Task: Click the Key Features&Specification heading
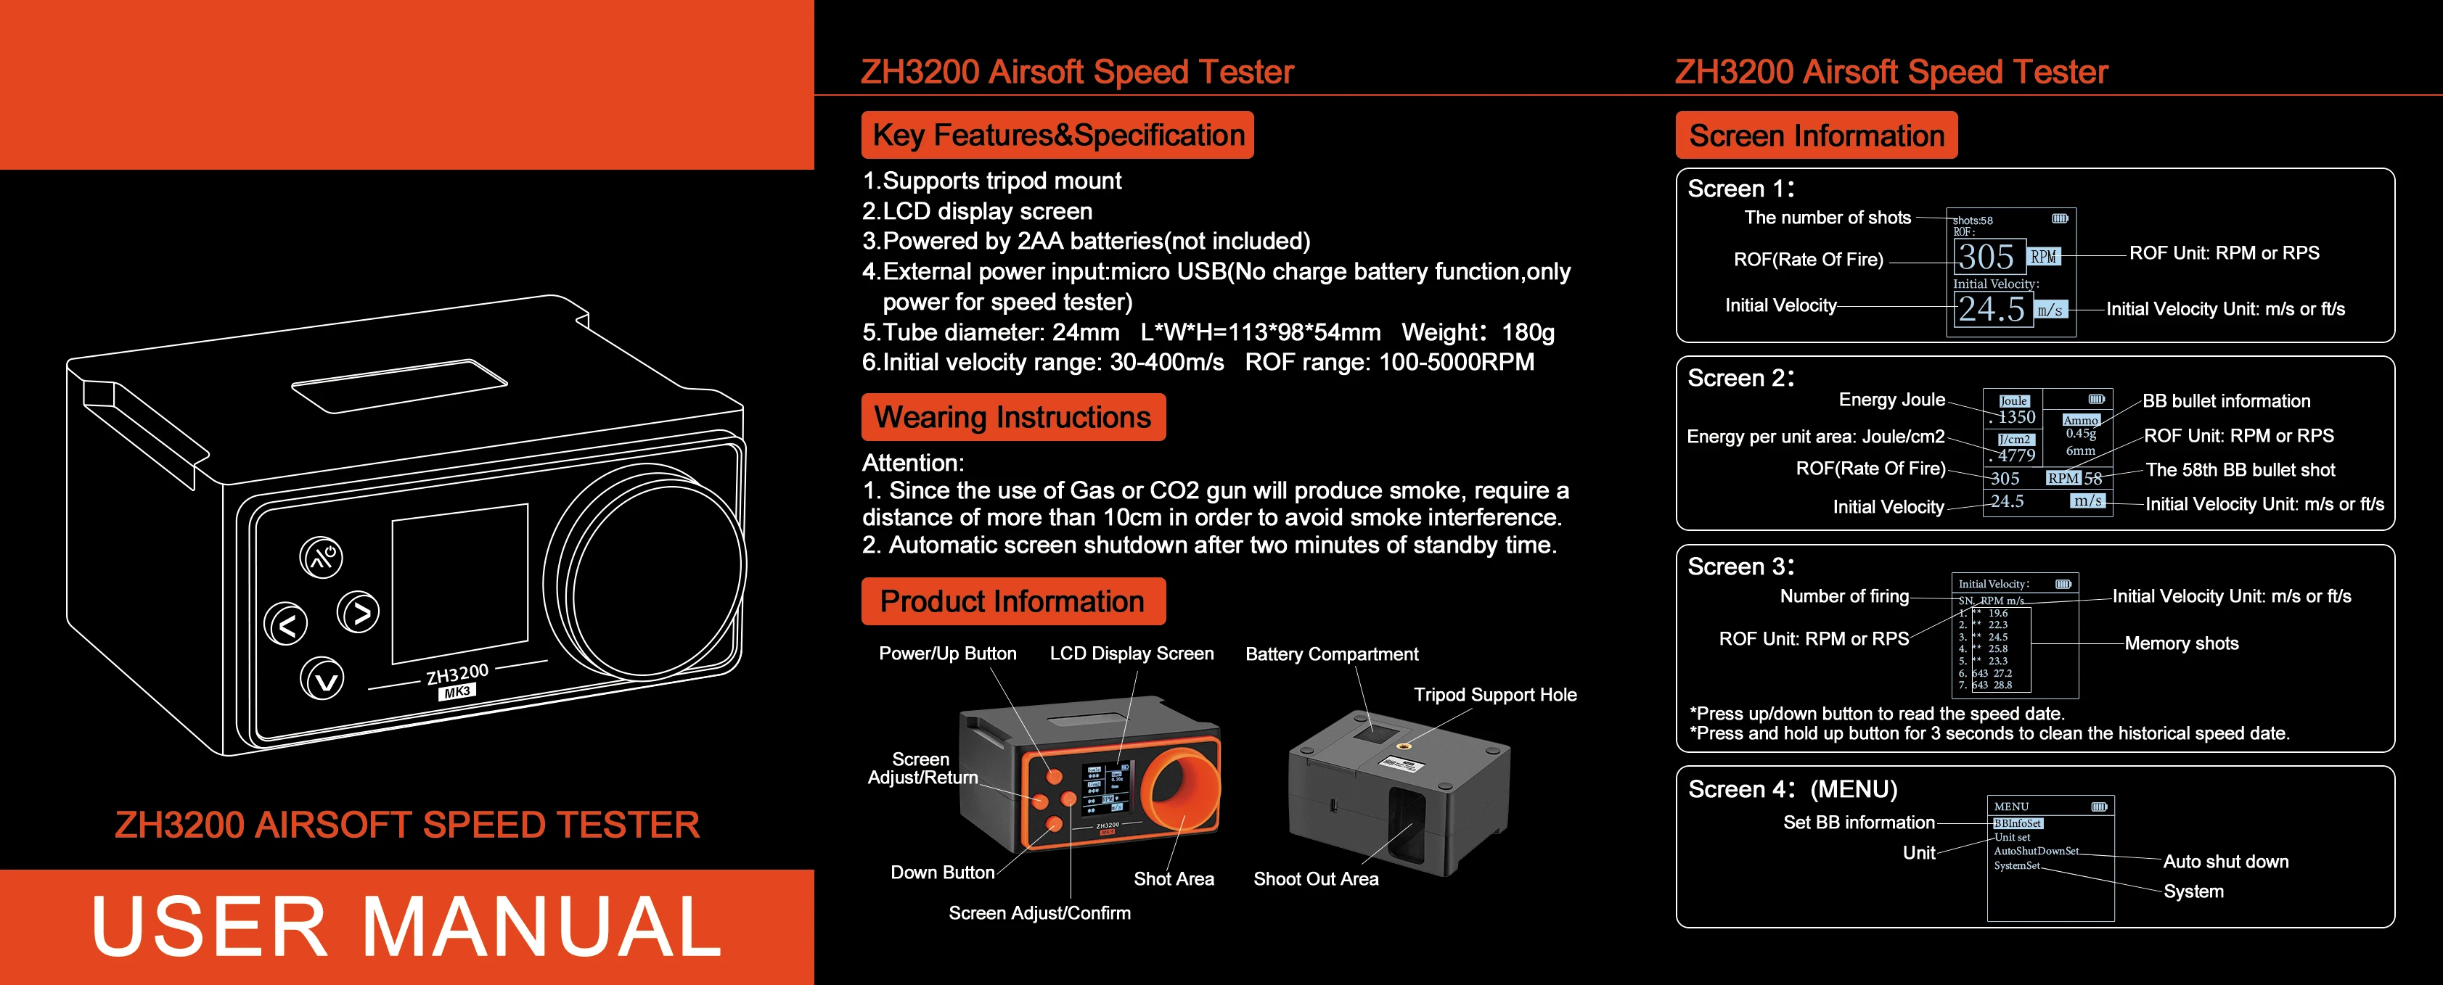pos(1057,136)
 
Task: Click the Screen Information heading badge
pos(1815,136)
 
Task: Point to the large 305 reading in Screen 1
pos(1986,257)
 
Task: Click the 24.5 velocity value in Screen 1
pos(1991,309)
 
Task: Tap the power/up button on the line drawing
pos(322,558)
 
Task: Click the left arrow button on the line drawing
pos(287,624)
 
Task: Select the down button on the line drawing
pos(322,679)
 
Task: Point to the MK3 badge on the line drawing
pos(457,692)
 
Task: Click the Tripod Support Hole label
pos(1494,695)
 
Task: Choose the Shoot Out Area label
pos(1315,879)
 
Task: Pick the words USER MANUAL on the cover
pos(406,927)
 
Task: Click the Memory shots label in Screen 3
pos(2180,643)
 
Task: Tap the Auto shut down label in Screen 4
pos(2225,862)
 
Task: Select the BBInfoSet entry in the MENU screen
pos(2016,823)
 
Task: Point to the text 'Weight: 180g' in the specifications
pos(1478,333)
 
